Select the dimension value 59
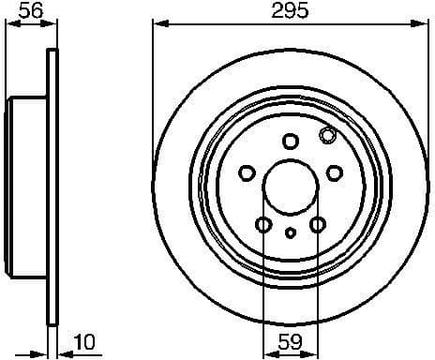[290, 343]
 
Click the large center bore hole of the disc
[290, 182]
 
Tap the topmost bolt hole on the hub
[290, 141]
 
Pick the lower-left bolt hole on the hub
[263, 224]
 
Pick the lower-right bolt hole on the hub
[317, 224]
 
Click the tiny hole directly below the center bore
[290, 232]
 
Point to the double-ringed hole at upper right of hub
[327, 136]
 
